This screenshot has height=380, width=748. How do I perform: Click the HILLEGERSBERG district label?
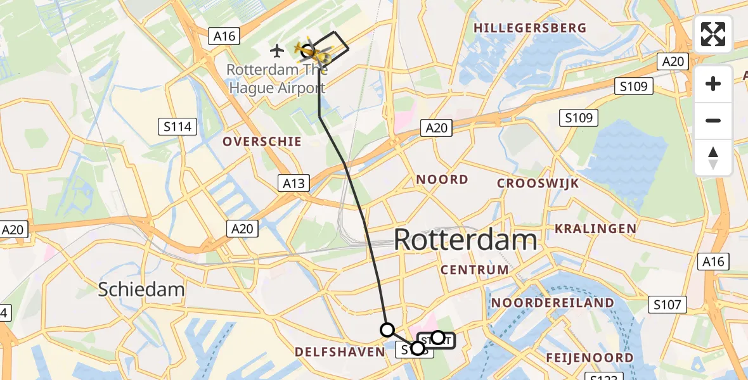tap(530, 28)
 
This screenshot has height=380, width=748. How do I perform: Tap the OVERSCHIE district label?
tap(262, 141)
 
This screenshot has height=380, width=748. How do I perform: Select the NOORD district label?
tap(442, 180)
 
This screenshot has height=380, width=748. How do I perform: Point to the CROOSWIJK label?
tap(538, 184)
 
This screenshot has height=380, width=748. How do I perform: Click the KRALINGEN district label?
tap(595, 228)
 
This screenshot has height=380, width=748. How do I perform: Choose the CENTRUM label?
tap(475, 270)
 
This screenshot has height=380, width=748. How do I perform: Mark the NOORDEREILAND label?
tap(553, 303)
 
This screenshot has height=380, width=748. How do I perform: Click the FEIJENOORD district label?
tap(590, 358)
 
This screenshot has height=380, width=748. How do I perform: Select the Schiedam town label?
tap(141, 290)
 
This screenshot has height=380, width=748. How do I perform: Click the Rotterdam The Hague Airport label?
tap(276, 79)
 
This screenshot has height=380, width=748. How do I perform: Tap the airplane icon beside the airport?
tap(277, 49)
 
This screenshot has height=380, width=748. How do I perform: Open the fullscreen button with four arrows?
tap(713, 34)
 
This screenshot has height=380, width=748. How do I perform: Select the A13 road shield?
tap(293, 184)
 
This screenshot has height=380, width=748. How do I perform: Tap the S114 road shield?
tap(176, 127)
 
